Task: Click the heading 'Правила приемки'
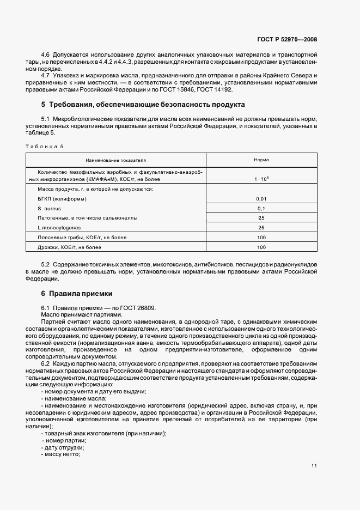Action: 77,293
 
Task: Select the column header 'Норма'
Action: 261,160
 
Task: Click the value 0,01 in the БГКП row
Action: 261,198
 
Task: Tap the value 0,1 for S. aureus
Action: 261,208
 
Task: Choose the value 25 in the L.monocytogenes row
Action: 261,228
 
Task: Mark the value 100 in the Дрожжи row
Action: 261,247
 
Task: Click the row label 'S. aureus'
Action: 50,208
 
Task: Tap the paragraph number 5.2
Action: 46,264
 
